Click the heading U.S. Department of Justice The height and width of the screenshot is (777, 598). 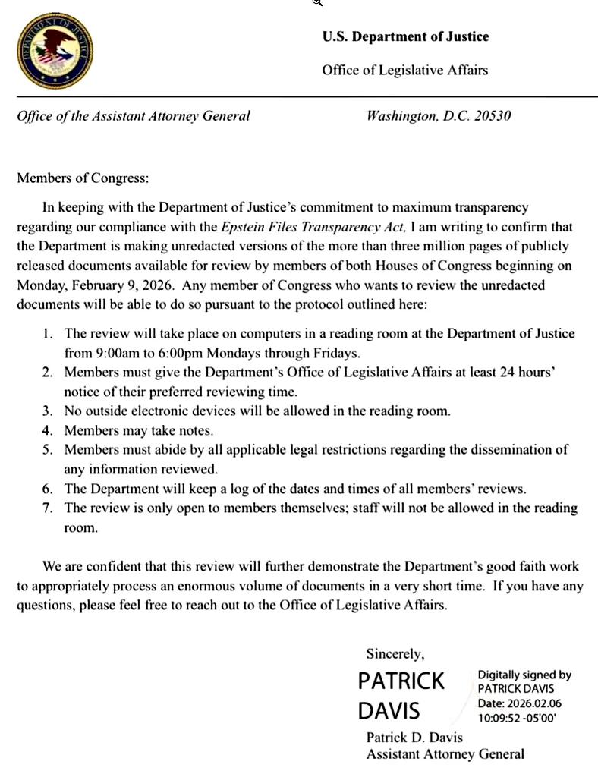coord(405,36)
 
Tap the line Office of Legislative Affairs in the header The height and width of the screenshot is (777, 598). coord(404,70)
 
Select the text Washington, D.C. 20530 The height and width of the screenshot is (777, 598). coord(439,116)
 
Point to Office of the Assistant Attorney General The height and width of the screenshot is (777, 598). coord(134,116)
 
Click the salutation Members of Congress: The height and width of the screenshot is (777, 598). coord(83,178)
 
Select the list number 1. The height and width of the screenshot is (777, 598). coord(47,333)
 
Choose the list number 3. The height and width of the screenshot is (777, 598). coord(47,411)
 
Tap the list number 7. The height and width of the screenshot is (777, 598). coord(47,508)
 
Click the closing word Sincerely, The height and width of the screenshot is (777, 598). coord(395,653)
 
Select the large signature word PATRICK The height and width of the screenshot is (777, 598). coord(401,681)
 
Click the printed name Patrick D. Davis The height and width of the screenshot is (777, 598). coord(414,737)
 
